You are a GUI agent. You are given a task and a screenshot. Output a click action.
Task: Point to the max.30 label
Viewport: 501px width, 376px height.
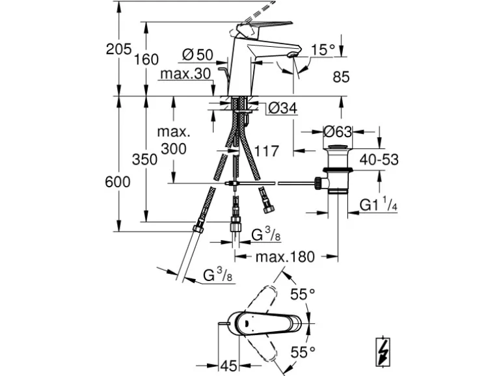(x=185, y=74)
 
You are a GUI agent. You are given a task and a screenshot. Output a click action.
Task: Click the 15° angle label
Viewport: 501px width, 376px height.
(x=323, y=49)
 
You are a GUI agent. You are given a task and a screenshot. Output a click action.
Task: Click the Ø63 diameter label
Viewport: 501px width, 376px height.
(x=337, y=131)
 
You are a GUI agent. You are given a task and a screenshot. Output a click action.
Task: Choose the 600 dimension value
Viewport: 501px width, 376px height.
(x=117, y=183)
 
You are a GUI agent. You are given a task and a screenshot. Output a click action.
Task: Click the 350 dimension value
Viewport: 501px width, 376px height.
(x=144, y=159)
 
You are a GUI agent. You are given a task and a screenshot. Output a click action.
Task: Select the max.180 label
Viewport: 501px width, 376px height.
(x=284, y=256)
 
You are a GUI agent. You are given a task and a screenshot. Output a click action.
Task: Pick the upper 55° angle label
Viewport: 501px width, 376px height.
(x=302, y=295)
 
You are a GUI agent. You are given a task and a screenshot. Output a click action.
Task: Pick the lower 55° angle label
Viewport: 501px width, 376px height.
(x=302, y=353)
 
